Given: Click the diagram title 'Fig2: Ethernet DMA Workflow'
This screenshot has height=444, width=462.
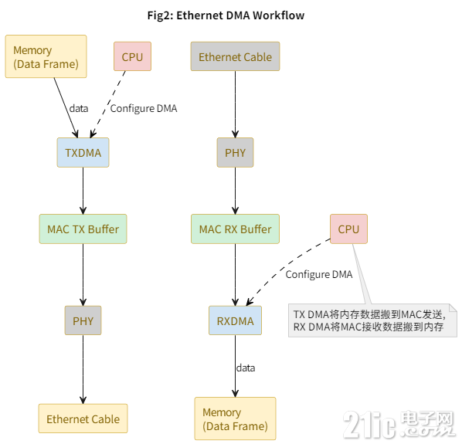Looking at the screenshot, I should click(x=230, y=15).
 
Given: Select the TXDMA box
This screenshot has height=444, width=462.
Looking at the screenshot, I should click(x=83, y=153).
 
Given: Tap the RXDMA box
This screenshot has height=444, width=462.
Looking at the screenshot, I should click(x=235, y=320).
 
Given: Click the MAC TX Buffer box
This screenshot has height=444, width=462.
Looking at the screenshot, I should click(x=83, y=229).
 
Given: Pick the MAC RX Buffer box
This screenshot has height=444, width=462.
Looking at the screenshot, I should click(x=235, y=229).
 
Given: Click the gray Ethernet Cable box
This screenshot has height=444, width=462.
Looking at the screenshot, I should click(x=235, y=57).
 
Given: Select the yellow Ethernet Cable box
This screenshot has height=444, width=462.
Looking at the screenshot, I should click(x=83, y=419).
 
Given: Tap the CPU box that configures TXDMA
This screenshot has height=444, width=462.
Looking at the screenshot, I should click(x=132, y=57).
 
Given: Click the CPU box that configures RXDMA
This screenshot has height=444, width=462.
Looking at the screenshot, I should click(x=348, y=229).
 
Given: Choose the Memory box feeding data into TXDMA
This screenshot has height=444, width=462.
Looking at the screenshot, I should click(x=46, y=56).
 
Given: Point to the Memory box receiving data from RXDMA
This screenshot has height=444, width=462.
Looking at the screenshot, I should click(x=235, y=419).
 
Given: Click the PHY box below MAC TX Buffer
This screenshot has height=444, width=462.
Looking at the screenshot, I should click(x=83, y=320).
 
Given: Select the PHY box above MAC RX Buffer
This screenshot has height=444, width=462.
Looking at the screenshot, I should click(x=235, y=153).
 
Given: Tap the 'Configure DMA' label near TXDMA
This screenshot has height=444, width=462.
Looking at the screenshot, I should click(x=144, y=108).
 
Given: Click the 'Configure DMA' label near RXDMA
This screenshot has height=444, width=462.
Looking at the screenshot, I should click(x=318, y=274).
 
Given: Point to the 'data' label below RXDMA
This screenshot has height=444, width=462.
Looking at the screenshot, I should click(x=245, y=368).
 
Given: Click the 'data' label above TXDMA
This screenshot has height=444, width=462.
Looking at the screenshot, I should click(x=79, y=108).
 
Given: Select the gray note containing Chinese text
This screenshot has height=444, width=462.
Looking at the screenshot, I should click(x=372, y=320).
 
